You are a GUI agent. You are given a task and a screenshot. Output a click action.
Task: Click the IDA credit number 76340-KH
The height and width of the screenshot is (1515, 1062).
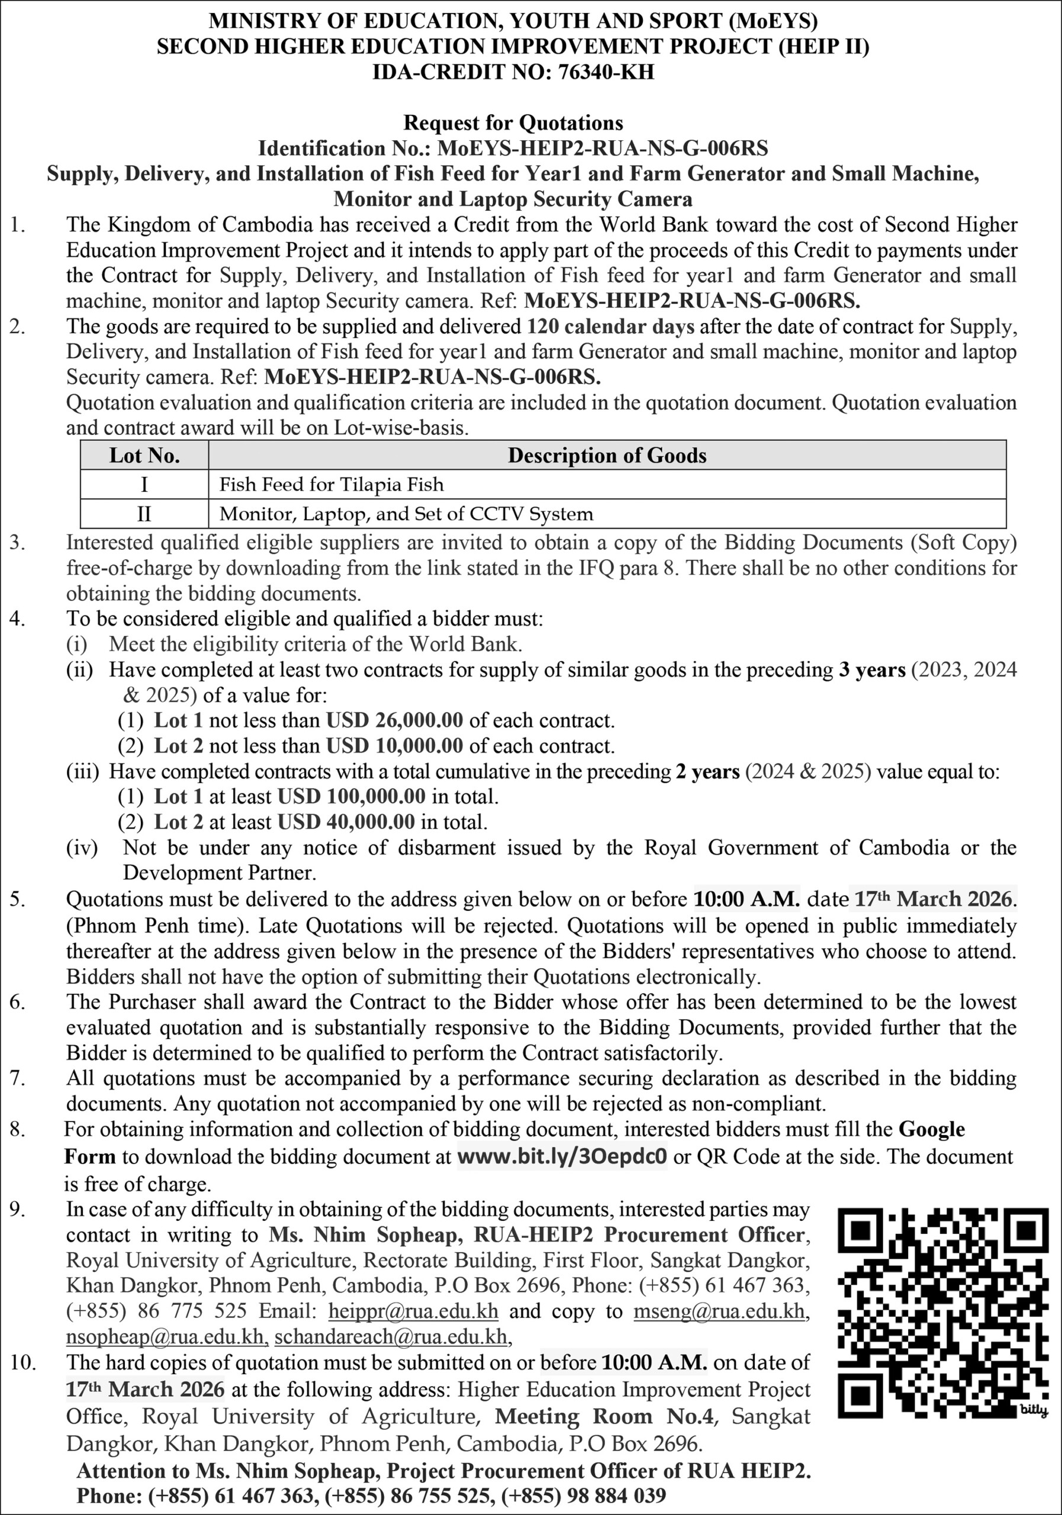pos(606,71)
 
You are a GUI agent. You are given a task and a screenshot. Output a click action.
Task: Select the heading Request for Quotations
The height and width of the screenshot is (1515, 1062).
pos(513,123)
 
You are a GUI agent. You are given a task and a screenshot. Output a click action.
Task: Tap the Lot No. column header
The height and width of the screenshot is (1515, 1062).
pos(144,455)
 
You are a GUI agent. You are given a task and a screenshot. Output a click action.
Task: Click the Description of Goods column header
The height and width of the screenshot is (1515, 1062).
pos(607,455)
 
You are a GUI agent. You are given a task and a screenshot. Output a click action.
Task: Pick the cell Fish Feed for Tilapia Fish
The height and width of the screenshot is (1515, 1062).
pos(332,485)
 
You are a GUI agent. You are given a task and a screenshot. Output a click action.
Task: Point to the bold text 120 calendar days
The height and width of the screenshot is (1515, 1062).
pos(610,327)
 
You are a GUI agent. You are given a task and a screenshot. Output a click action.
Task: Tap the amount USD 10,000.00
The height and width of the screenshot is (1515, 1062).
pos(394,746)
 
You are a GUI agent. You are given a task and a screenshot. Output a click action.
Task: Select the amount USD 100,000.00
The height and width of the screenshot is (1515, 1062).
pos(351,797)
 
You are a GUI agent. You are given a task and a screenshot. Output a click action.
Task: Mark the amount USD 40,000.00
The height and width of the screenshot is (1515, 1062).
pos(346,822)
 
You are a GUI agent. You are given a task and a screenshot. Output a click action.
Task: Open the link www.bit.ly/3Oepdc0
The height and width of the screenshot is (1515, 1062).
pos(562,1157)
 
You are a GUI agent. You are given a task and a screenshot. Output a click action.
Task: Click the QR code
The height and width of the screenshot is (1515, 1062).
pos(942,1313)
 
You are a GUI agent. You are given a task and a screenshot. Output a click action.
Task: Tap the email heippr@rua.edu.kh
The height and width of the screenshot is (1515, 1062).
pos(413,1311)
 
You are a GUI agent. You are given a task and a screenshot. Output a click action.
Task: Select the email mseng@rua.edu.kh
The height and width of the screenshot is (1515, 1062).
pos(719,1311)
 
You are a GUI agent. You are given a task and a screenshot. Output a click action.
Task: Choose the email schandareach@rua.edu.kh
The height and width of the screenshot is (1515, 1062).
pos(391,1337)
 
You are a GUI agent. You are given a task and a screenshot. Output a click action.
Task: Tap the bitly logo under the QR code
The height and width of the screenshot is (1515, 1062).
pos(1034,1410)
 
